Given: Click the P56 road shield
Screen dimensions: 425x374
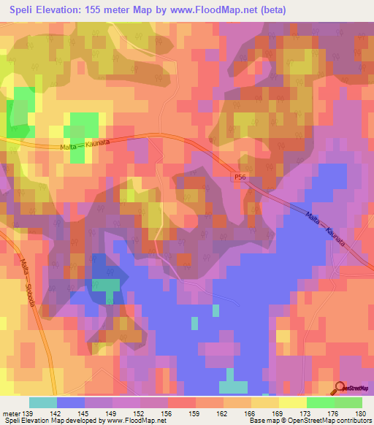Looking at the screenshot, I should [241, 177].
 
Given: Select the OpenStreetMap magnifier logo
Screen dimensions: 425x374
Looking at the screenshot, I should [340, 389].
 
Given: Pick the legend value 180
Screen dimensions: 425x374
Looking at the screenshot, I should [362, 413].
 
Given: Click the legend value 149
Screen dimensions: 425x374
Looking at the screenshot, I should [112, 413].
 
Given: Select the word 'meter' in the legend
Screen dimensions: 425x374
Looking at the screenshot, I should [12, 413].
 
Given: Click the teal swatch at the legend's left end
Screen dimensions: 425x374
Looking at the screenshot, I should [43, 402].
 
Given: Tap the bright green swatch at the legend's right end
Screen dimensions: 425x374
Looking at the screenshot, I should [348, 402].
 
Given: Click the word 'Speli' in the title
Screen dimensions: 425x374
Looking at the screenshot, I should [20, 10].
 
